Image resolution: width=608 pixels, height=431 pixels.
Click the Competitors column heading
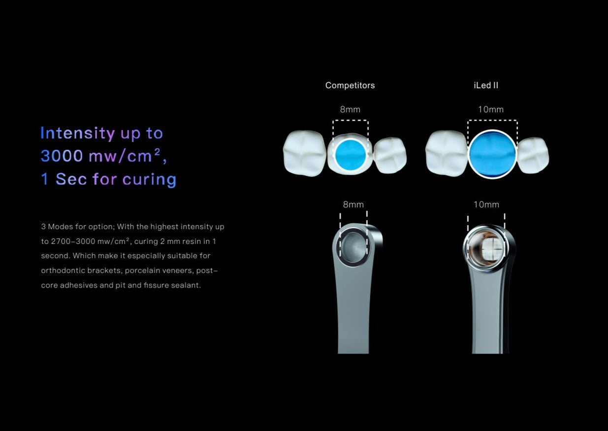pyautogui.click(x=350, y=85)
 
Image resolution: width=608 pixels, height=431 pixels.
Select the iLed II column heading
pyautogui.click(x=486, y=85)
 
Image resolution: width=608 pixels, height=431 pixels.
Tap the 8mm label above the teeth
pyautogui.click(x=350, y=109)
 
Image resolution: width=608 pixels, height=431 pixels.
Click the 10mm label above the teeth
pyautogui.click(x=491, y=109)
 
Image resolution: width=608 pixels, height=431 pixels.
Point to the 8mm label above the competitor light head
pyautogui.click(x=353, y=204)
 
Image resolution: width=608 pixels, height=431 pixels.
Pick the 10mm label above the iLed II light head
pyautogui.click(x=486, y=204)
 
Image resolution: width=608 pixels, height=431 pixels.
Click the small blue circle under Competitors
pyautogui.click(x=351, y=154)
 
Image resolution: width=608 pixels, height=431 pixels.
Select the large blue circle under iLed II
pyautogui.click(x=492, y=154)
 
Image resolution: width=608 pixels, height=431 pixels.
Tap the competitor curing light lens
pyautogui.click(x=353, y=248)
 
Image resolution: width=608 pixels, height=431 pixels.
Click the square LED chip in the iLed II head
pyautogui.click(x=492, y=248)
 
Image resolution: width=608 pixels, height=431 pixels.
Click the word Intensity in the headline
pyautogui.click(x=78, y=133)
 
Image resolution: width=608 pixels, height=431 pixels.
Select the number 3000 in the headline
pyautogui.click(x=62, y=156)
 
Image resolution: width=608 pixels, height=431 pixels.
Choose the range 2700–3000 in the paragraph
pyautogui.click(x=73, y=241)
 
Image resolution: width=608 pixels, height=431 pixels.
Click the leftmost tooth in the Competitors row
pyautogui.click(x=305, y=153)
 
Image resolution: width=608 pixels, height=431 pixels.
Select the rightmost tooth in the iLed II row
pyautogui.click(x=533, y=155)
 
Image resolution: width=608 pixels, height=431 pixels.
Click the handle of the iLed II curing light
pyautogui.click(x=488, y=312)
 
